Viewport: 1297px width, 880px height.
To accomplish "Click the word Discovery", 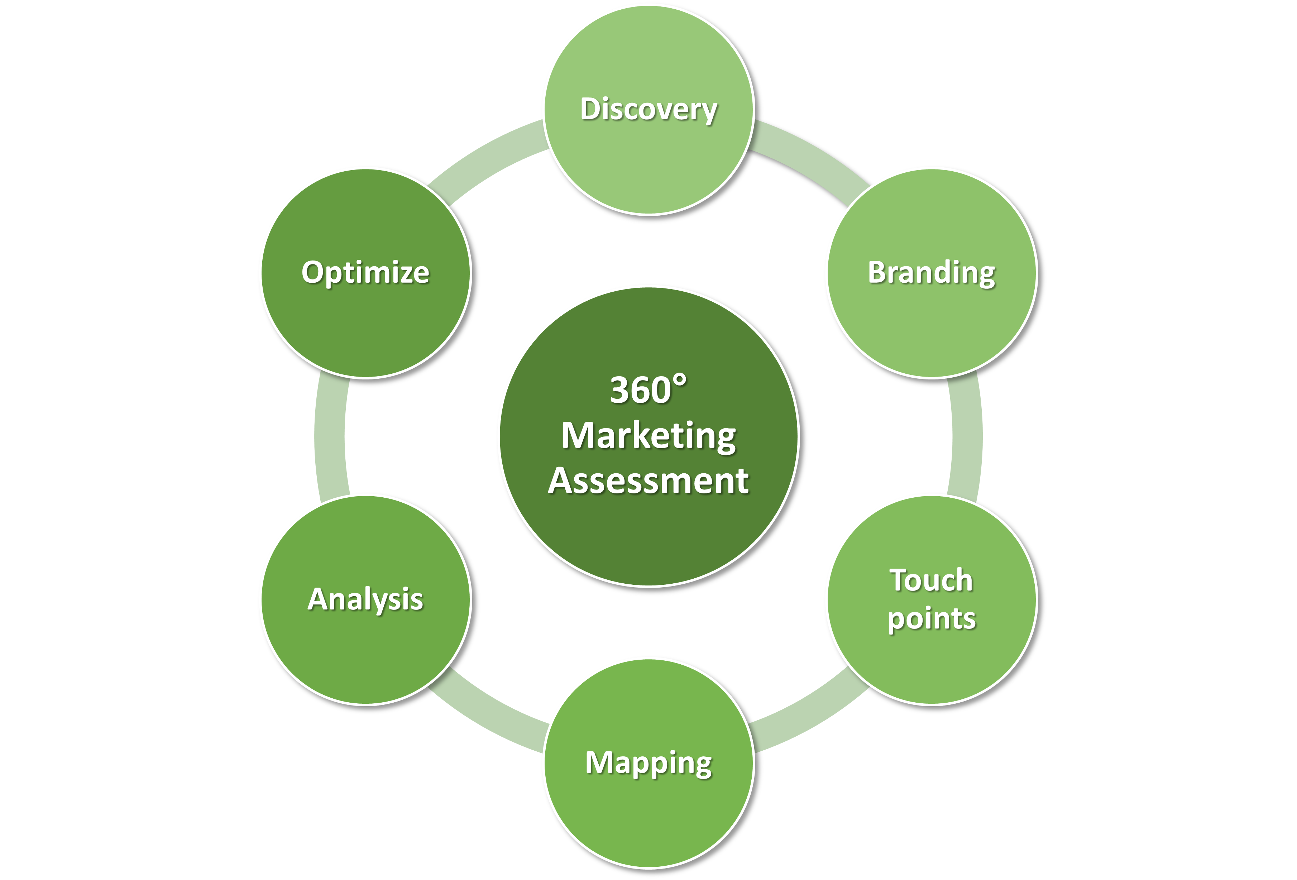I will click(x=648, y=109).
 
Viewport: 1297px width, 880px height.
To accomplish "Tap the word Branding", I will click(x=931, y=273).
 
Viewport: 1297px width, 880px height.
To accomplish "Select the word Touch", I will click(x=931, y=580).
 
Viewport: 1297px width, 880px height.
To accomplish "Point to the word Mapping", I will click(x=648, y=763).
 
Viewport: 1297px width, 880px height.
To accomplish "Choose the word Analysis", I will click(x=365, y=599).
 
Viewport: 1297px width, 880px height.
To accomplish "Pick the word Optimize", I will click(x=365, y=273).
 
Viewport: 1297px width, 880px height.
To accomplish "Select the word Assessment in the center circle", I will click(x=648, y=480).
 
